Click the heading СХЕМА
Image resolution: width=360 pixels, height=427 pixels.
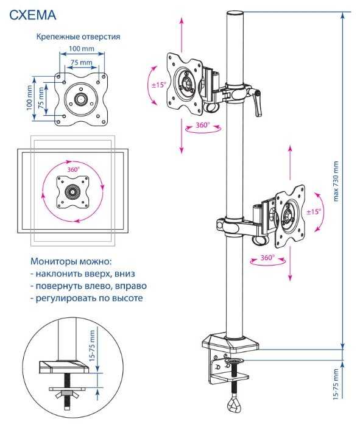click(x=33, y=15)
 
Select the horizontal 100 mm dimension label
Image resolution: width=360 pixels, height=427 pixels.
click(x=82, y=49)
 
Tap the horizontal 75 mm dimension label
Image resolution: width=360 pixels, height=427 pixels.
click(x=82, y=62)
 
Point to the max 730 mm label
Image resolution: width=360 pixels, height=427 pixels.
click(x=336, y=182)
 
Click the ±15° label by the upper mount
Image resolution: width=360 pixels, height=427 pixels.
click(x=159, y=85)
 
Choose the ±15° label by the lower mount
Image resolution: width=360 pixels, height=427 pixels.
click(x=314, y=211)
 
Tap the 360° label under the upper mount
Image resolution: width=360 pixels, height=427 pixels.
click(x=203, y=125)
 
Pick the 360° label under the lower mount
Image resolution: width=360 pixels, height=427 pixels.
click(x=267, y=257)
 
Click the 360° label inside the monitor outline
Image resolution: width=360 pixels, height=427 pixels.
click(x=74, y=170)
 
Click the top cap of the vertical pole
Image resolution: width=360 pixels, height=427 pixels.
click(x=235, y=13)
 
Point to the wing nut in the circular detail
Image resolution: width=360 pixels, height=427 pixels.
click(x=65, y=393)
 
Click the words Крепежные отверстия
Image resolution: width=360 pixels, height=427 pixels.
click(x=78, y=37)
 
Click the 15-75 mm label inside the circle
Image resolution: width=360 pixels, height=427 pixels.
click(x=93, y=346)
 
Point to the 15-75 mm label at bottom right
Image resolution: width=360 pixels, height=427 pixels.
click(x=336, y=384)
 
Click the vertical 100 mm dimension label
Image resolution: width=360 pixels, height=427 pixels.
click(x=29, y=98)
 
